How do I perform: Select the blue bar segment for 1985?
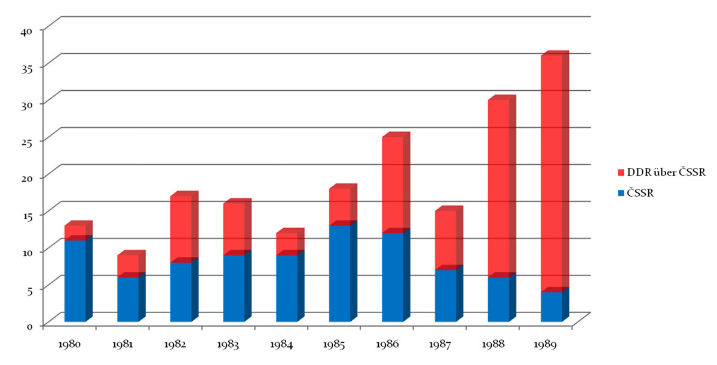point(339,273)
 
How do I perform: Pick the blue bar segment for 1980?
point(75,281)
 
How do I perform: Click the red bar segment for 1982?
point(180,229)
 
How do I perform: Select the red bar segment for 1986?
point(393,185)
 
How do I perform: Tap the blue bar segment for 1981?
point(128,299)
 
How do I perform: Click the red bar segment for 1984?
point(286,244)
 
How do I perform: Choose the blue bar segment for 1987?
point(445,296)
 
